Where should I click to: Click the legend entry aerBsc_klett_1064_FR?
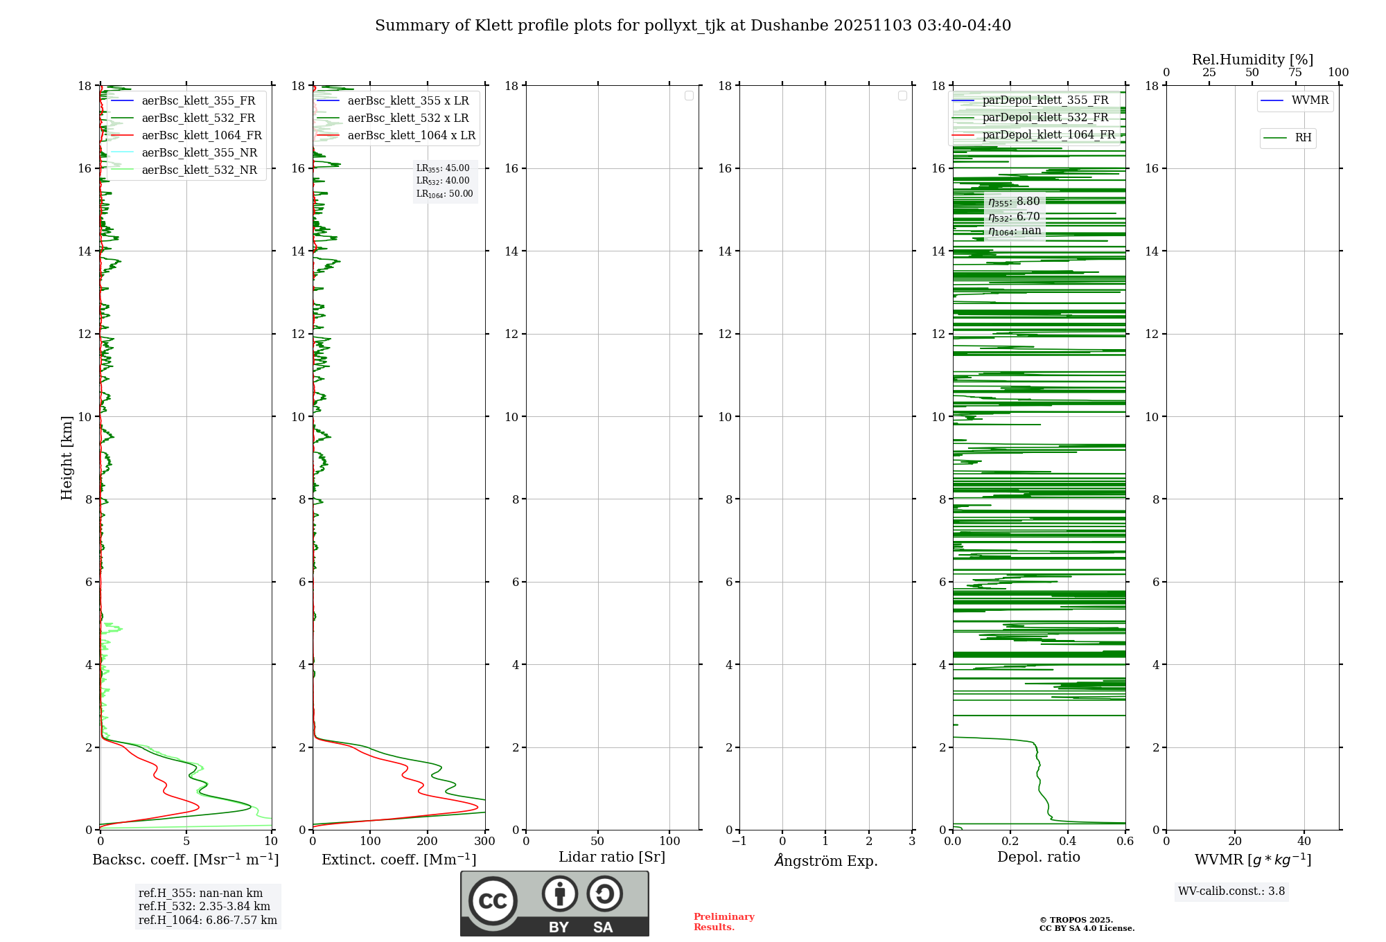[202, 135]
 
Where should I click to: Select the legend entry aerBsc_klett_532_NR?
[199, 170]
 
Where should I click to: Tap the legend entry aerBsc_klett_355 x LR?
[407, 100]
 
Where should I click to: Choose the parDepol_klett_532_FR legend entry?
[1045, 117]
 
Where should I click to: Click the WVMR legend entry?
[1310, 100]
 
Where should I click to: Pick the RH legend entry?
[1303, 138]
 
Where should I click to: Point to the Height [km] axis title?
[67, 458]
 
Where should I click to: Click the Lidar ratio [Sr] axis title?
[612, 857]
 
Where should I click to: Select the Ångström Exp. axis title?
[825, 860]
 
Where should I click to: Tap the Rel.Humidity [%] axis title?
[1252, 60]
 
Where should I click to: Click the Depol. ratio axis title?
[1038, 857]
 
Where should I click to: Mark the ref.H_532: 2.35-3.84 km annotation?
[204, 906]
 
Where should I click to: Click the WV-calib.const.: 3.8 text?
[1231, 891]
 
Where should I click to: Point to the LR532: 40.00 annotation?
[443, 181]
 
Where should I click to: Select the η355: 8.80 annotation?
[1014, 202]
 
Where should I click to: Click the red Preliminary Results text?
[723, 921]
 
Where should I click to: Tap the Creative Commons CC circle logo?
[493, 900]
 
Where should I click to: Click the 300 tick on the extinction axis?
[484, 841]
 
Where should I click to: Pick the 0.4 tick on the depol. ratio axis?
[1068, 841]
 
